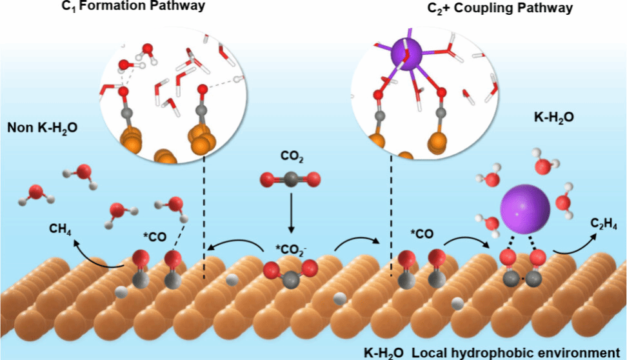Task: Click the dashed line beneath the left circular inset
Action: pyautogui.click(x=204, y=219)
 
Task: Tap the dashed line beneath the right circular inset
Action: pyautogui.click(x=391, y=219)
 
